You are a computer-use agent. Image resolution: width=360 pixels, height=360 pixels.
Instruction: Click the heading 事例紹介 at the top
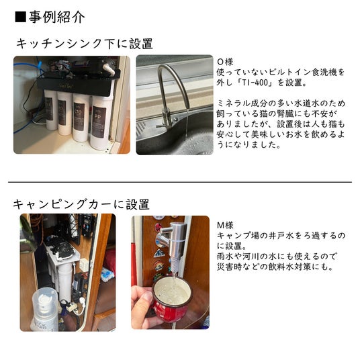[56, 17]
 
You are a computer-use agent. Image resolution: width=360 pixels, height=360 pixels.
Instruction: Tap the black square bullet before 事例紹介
[20, 17]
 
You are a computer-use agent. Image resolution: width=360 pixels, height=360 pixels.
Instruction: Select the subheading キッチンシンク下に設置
[85, 44]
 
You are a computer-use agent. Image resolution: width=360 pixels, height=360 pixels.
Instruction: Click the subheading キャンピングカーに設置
[81, 204]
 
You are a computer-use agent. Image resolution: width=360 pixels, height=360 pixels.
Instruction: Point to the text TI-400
[253, 83]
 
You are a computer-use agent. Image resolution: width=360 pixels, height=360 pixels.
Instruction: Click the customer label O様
[225, 62]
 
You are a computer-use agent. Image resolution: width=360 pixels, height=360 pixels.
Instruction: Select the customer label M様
[225, 225]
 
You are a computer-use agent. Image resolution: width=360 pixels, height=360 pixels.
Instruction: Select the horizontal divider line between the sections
[180, 182]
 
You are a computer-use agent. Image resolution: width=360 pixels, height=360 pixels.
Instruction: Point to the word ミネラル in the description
[234, 103]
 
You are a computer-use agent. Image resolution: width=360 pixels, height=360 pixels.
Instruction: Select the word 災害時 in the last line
[229, 267]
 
